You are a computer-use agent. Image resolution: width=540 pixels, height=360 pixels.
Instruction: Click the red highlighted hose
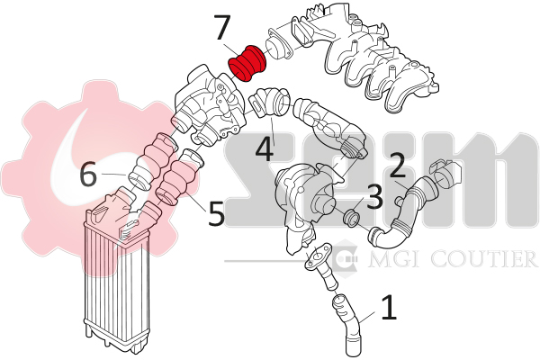[x=247, y=63]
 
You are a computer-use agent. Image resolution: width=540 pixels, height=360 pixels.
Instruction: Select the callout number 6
[x=88, y=175]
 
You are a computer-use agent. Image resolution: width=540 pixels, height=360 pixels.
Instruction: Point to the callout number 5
[x=216, y=213]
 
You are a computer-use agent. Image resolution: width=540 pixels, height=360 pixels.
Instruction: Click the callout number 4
[x=265, y=149]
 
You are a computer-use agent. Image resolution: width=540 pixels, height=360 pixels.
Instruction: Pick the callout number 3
[x=374, y=197]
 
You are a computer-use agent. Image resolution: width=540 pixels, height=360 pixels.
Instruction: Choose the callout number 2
[x=396, y=165]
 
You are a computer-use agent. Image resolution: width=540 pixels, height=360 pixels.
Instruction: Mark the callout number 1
[x=389, y=307]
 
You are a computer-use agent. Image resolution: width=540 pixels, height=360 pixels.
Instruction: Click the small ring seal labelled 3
[x=352, y=218]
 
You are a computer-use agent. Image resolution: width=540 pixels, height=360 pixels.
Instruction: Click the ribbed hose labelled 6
[x=151, y=162]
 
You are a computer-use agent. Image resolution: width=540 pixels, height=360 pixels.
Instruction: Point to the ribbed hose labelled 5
[x=179, y=176]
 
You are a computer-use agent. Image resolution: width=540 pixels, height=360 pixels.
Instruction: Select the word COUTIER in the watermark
[x=483, y=258]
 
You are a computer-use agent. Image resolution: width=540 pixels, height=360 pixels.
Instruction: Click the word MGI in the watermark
[x=391, y=258]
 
